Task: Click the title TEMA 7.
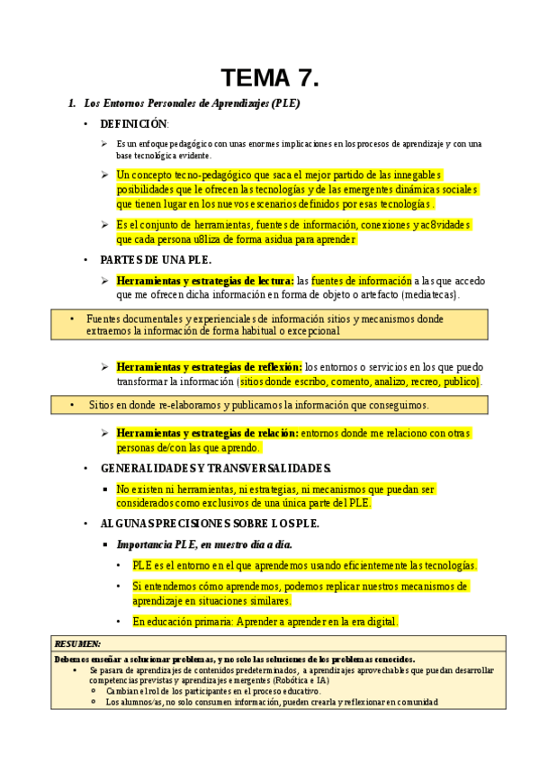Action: [x=270, y=78]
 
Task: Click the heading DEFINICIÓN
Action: [x=133, y=124]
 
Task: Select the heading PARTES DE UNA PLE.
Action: [x=155, y=260]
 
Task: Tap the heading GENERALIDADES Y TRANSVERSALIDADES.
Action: [x=216, y=469]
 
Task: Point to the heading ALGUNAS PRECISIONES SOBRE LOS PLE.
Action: [x=210, y=524]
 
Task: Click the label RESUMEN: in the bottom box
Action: [x=78, y=644]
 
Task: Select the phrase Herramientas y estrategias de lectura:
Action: [x=205, y=281]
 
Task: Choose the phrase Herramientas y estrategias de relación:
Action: [x=208, y=434]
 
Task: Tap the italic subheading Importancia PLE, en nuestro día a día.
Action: [x=204, y=544]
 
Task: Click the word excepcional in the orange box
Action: [x=309, y=331]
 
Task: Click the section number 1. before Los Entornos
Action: [x=73, y=103]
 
